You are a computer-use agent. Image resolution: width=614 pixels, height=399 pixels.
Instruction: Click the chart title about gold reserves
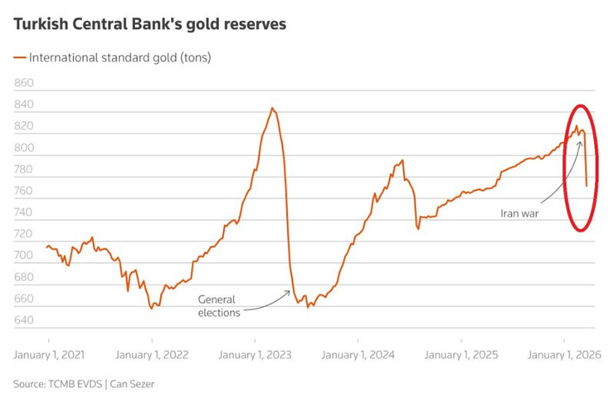150,25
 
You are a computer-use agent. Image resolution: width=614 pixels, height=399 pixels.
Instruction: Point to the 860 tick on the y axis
24,84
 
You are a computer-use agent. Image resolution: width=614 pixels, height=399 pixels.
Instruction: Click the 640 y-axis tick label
24,320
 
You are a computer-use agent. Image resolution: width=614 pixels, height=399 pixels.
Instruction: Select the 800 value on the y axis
24,148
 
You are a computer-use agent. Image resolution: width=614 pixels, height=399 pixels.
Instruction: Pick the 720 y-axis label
24,235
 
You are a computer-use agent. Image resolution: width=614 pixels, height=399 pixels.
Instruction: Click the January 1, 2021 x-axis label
49,353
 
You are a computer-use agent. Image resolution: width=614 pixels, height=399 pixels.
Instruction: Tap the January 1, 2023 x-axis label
256,353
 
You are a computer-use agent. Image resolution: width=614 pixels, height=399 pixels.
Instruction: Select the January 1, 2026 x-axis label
564,353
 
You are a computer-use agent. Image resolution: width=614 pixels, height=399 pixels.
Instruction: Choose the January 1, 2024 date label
358,353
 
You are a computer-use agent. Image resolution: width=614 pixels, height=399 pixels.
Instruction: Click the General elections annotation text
219,306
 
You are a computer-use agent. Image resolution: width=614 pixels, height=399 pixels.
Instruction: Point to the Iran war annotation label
520,212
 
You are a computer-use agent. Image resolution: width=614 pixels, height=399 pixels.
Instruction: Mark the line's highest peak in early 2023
272,108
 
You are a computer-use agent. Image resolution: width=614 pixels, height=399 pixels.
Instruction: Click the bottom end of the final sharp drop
587,186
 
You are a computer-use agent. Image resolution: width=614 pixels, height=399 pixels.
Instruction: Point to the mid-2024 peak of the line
402,161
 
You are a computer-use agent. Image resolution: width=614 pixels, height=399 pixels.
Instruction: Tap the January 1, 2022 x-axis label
152,353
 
